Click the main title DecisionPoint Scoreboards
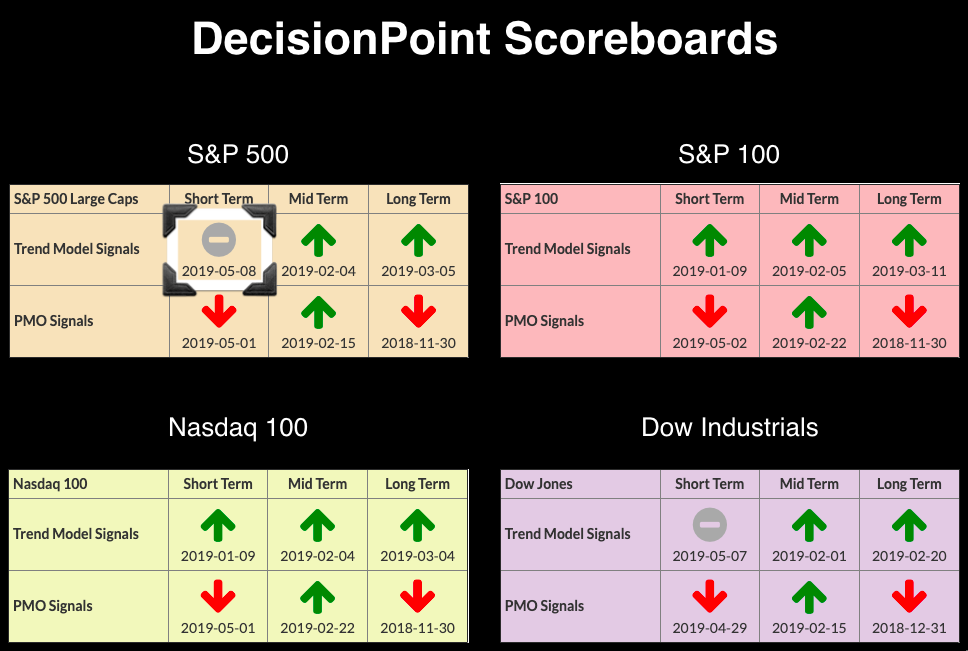click(x=485, y=39)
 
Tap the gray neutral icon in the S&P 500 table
click(x=219, y=239)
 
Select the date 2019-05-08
click(x=219, y=271)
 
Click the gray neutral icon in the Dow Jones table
click(x=709, y=525)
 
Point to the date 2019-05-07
click(x=709, y=557)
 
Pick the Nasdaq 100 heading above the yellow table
click(x=238, y=427)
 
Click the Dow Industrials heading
click(x=730, y=427)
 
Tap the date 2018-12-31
click(x=909, y=628)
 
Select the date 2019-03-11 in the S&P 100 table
click(x=909, y=271)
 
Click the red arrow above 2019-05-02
click(x=709, y=311)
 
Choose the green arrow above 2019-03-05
click(x=418, y=240)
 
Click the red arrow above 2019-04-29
click(x=709, y=596)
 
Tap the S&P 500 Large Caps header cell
click(x=76, y=199)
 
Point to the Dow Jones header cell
click(x=538, y=484)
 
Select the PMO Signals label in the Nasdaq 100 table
click(x=52, y=606)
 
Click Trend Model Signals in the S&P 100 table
click(x=567, y=249)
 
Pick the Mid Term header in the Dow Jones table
click(x=809, y=484)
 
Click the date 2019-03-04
click(x=417, y=557)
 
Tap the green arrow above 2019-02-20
click(x=909, y=525)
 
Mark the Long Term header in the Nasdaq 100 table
click(x=417, y=484)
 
